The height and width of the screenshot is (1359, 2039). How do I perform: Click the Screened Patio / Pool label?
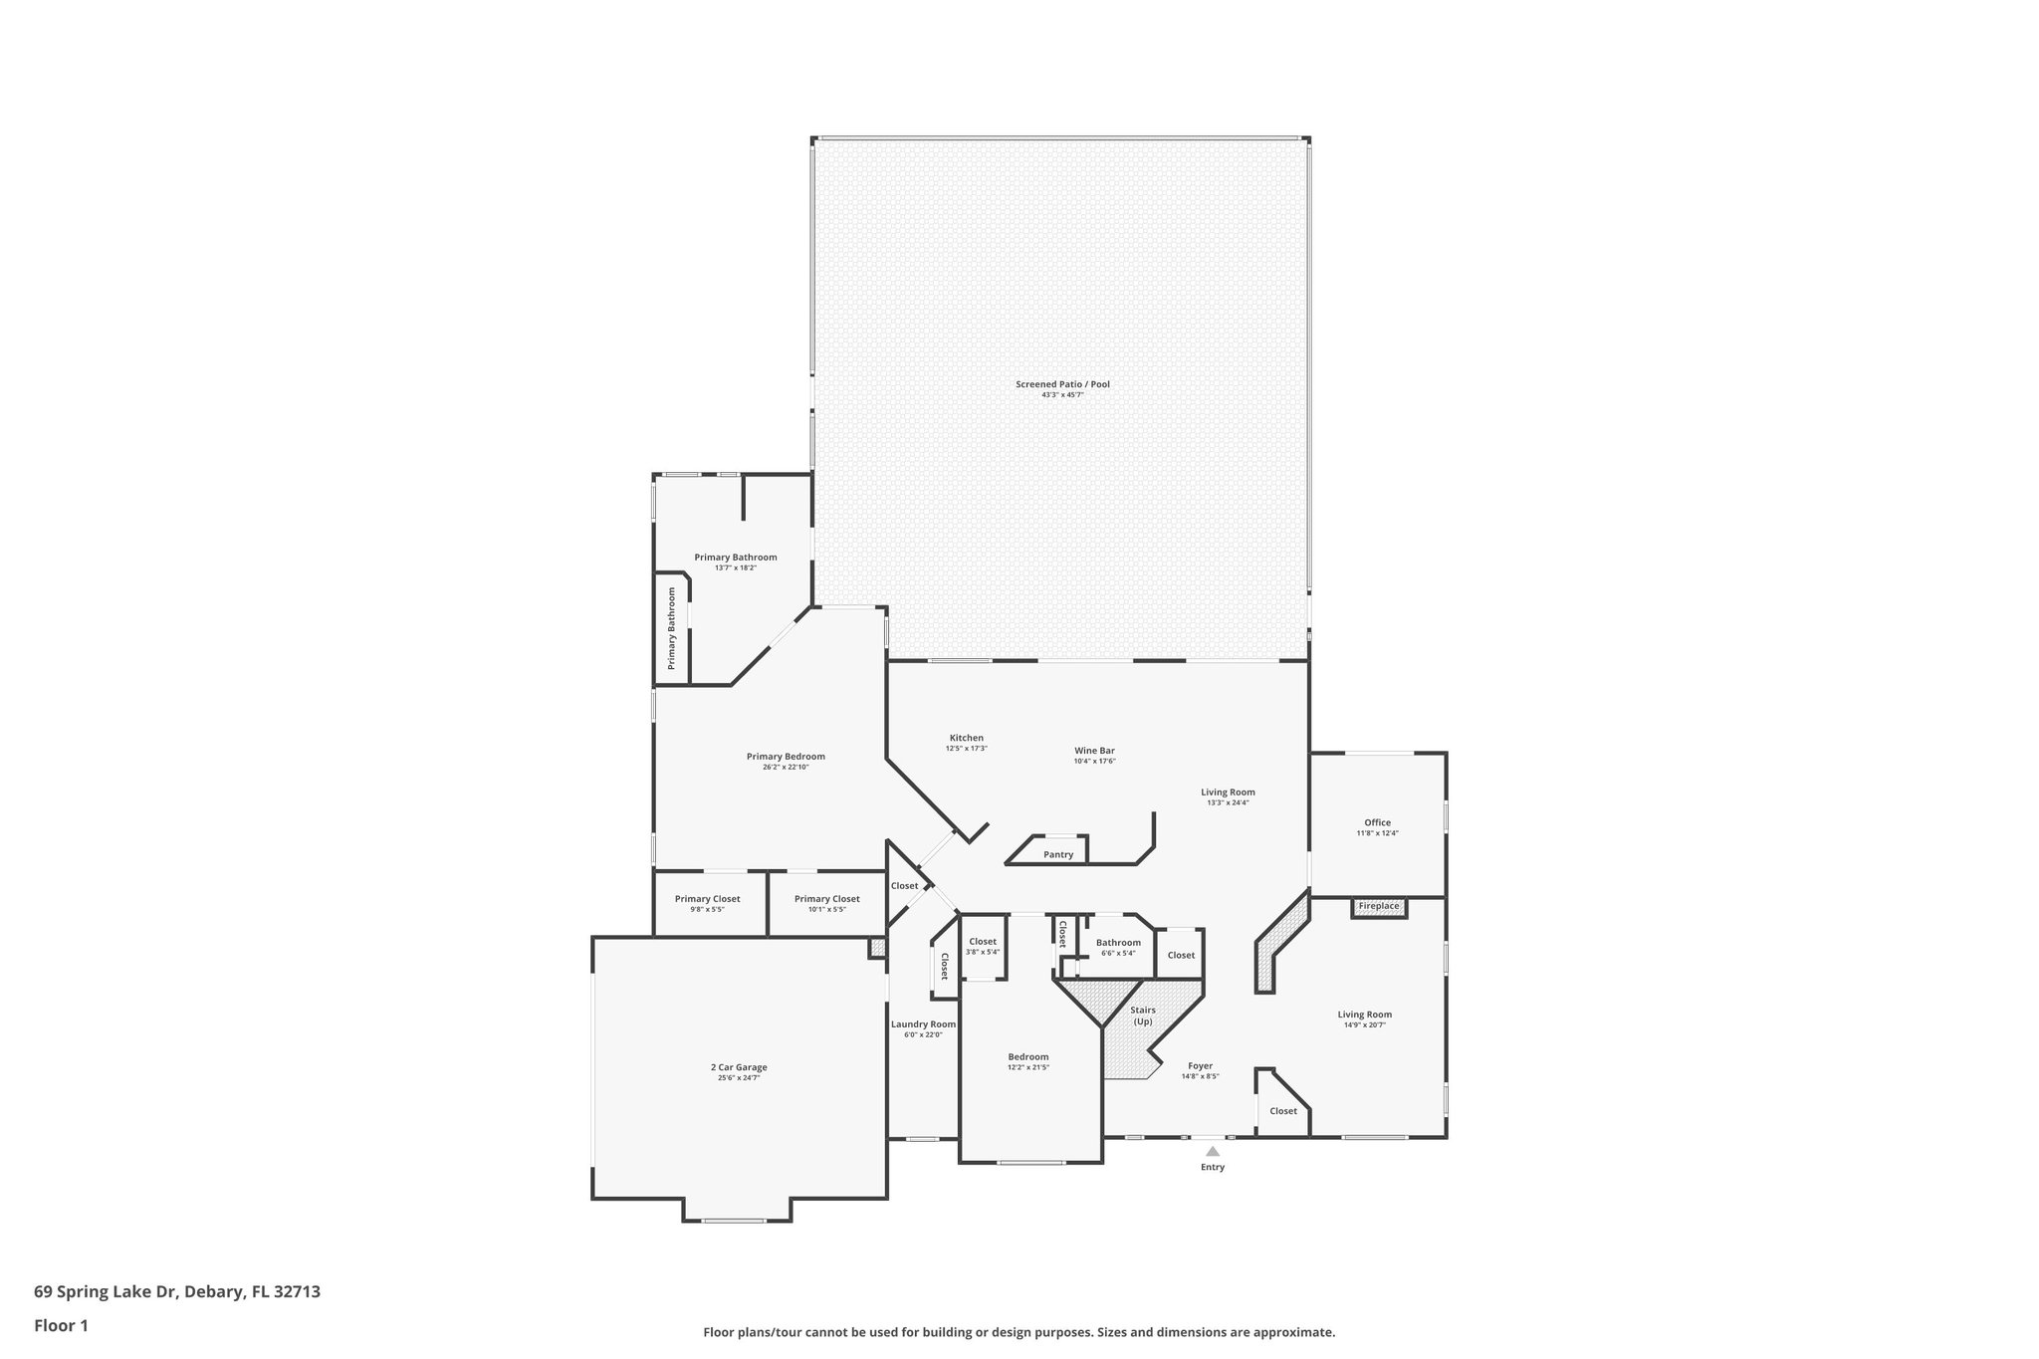click(1062, 384)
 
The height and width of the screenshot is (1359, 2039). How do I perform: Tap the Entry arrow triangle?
click(1212, 1151)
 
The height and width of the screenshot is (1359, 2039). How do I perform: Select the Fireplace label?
click(1379, 906)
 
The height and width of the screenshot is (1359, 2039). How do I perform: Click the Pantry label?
click(1058, 854)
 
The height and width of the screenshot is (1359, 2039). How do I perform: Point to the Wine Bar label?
click(1094, 751)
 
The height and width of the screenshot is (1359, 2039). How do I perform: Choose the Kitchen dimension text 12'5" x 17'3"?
click(966, 749)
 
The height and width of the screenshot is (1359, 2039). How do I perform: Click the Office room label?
click(1377, 822)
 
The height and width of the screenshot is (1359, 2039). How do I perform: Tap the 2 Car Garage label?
click(739, 1067)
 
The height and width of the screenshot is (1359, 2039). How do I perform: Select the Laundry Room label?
click(923, 1024)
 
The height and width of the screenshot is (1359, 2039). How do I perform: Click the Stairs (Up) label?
click(1143, 1016)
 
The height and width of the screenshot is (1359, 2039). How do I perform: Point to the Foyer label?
click(1200, 1065)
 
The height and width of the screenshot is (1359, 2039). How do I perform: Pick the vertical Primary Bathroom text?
click(672, 627)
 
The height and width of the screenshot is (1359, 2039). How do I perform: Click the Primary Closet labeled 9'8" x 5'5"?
click(707, 899)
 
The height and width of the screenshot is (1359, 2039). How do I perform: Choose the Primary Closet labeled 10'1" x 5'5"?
click(826, 899)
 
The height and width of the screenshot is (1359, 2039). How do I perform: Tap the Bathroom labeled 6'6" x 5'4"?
click(1118, 943)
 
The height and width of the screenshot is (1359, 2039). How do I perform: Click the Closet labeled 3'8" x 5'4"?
click(983, 942)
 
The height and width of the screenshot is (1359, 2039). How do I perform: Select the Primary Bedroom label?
click(786, 757)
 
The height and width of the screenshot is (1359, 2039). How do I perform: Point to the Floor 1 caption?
click(61, 1325)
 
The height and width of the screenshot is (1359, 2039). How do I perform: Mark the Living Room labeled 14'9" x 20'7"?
click(1364, 1015)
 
